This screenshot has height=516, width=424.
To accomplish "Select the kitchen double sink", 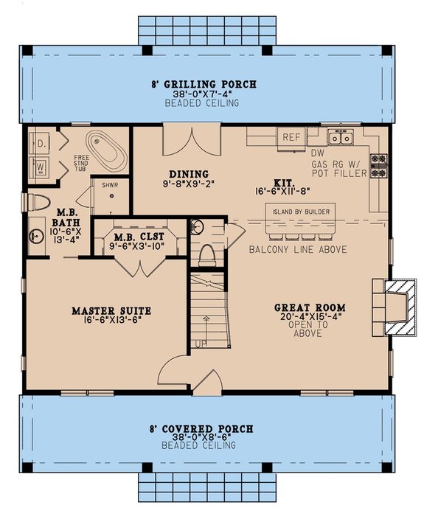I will [x=340, y=137].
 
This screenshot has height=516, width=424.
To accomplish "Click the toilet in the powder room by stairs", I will [x=206, y=253].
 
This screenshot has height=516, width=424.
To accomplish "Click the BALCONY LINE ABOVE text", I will [x=299, y=249].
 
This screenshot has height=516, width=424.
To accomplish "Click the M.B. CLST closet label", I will [x=135, y=237].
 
